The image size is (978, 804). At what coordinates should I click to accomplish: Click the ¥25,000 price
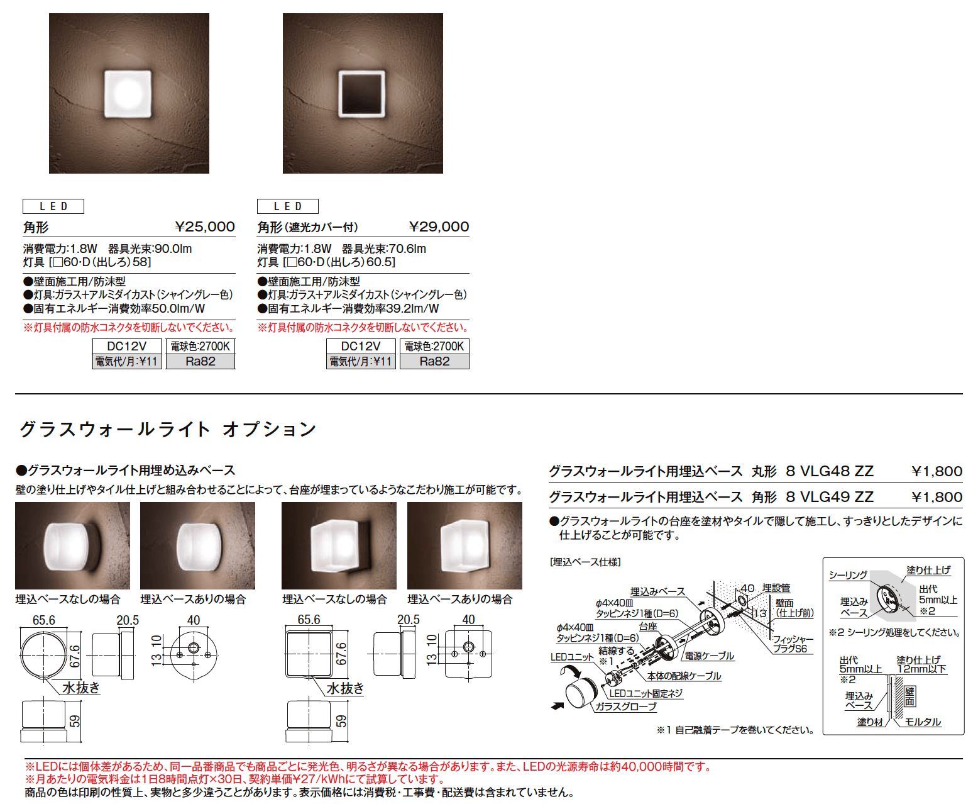coord(205,226)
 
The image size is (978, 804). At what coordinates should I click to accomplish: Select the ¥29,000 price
coord(439,226)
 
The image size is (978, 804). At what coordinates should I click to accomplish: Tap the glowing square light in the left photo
coord(128,93)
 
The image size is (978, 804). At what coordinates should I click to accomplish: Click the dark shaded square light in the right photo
coord(361,93)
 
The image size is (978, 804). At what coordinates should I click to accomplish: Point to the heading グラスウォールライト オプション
coord(168,429)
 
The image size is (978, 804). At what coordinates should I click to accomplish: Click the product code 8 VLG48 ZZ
coord(830,471)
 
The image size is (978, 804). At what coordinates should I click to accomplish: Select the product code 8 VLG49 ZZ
coord(830,497)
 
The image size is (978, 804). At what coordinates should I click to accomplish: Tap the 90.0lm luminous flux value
coord(173,249)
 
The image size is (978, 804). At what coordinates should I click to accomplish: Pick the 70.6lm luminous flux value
coord(407,249)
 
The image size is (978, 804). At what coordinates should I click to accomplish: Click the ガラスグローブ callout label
coord(626,706)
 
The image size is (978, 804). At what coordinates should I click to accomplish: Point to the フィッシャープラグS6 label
coord(792,644)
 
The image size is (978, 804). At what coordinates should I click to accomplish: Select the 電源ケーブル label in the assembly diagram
coord(709,656)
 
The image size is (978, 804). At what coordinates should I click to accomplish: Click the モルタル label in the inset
coord(923,722)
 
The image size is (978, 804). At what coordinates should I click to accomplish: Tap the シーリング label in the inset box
coord(848,574)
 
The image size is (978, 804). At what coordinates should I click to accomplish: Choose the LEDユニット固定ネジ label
coord(646,693)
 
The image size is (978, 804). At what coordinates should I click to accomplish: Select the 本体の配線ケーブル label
coord(684,676)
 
